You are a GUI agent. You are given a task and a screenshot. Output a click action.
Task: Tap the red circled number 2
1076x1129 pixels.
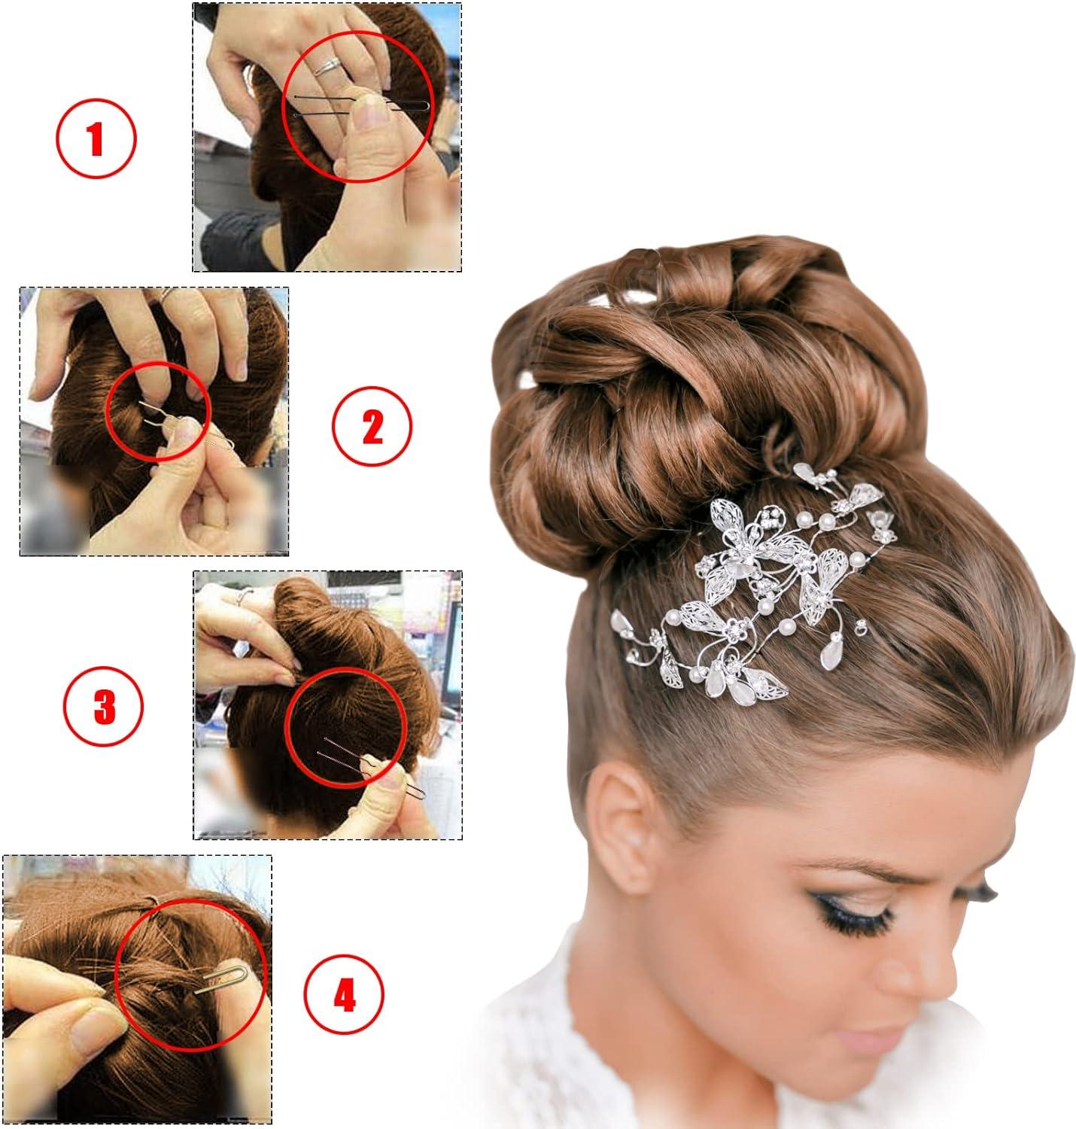(x=372, y=427)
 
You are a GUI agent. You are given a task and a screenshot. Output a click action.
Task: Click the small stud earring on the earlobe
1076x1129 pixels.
(x=637, y=837)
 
